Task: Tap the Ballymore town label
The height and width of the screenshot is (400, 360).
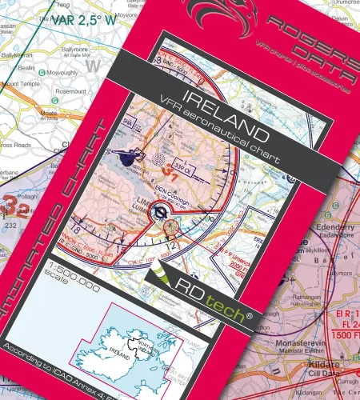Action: coord(74,50)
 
